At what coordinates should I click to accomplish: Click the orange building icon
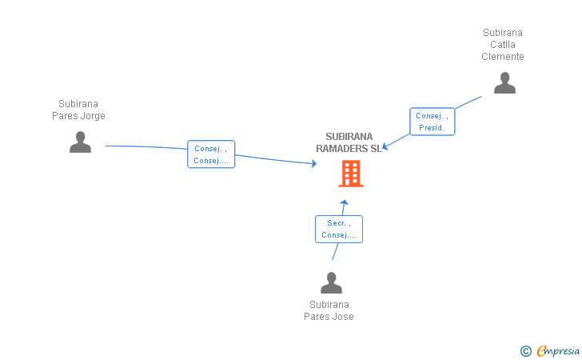point(351,173)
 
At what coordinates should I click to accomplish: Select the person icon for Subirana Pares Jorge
point(80,142)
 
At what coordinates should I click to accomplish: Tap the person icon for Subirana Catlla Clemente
point(504,83)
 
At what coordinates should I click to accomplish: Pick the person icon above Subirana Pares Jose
point(331,282)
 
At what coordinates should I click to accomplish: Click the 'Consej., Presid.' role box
point(432,122)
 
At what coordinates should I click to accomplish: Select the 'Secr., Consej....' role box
point(339,230)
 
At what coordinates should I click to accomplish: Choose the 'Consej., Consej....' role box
point(211,154)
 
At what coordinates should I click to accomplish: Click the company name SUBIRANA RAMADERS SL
point(349,142)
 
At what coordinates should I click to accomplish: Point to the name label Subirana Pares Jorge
point(78,110)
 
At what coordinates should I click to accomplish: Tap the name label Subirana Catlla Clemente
point(503,45)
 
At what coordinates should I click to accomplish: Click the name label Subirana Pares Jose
point(329,310)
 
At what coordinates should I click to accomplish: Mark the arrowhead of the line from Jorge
point(314,163)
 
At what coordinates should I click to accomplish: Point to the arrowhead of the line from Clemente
point(385,146)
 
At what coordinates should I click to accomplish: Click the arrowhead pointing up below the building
point(344,203)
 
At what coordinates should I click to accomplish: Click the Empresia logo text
point(558,350)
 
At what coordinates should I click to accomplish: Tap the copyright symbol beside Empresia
point(526,351)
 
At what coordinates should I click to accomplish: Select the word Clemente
point(503,57)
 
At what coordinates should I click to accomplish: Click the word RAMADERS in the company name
point(342,149)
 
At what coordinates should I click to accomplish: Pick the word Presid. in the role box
point(432,128)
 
